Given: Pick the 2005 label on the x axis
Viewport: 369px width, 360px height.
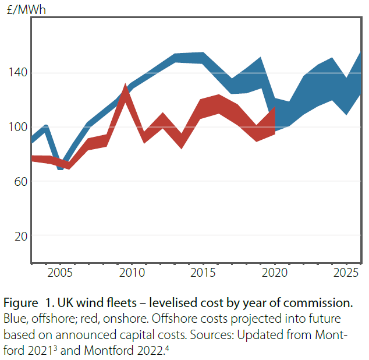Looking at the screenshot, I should [x=61, y=273].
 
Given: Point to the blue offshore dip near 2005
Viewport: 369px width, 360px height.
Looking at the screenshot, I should [x=61, y=167].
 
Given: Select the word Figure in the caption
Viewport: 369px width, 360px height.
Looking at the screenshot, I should [x=20, y=303].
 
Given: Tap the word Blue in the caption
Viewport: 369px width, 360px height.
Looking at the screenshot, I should [x=15, y=320].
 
